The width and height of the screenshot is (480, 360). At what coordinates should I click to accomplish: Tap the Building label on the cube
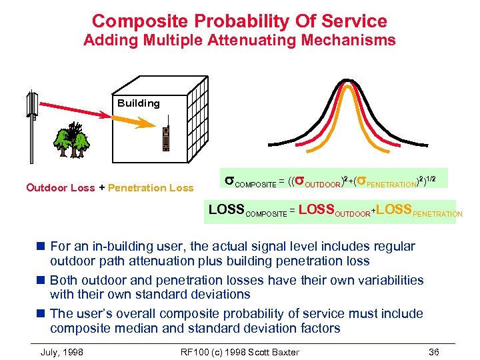pos(139,103)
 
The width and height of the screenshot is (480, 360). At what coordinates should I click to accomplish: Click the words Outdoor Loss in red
pos(60,188)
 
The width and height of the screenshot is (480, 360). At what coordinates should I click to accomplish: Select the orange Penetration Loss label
pos(151,188)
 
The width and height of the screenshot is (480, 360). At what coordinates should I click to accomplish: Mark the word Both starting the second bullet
pos(63,280)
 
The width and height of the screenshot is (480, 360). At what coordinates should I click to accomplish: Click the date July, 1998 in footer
pos(62,352)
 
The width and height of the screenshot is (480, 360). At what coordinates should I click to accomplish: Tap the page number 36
pos(434,352)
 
